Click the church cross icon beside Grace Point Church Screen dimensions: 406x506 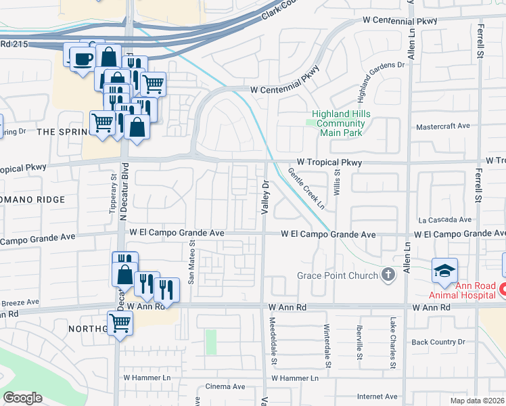388,275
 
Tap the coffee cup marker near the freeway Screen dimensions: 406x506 82,58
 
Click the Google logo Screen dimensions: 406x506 22,398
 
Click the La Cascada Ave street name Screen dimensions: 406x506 444,220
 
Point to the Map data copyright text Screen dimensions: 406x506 479,401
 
